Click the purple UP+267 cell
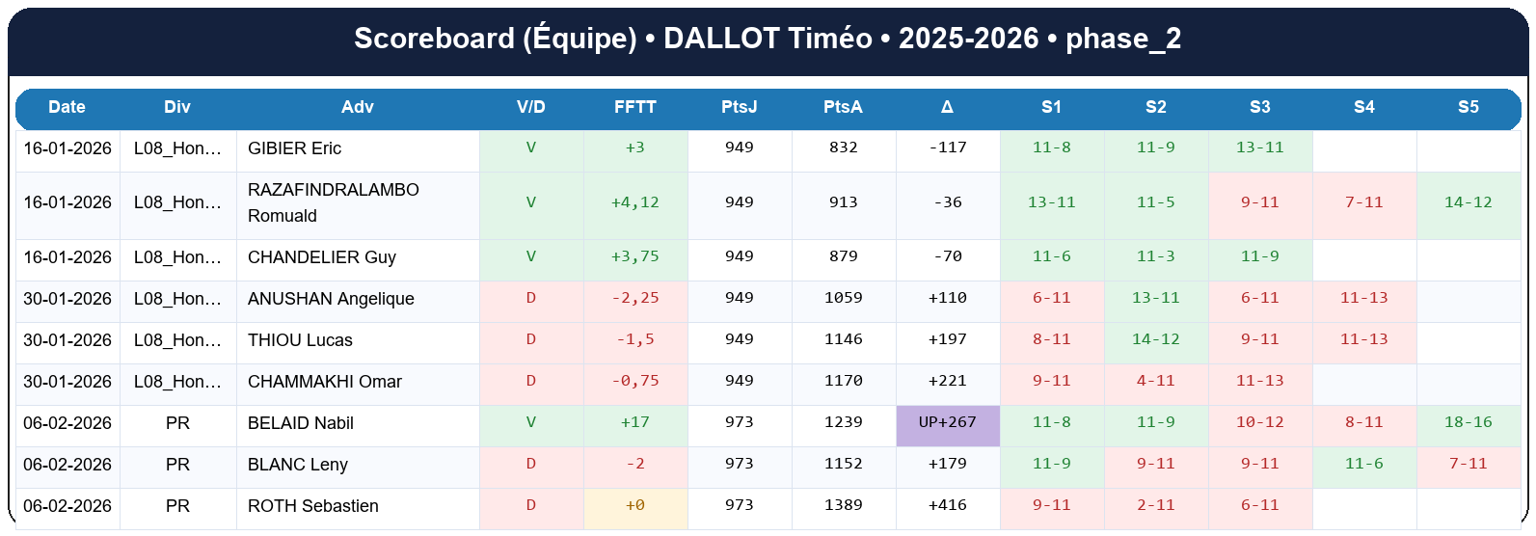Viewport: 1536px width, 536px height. coord(947,423)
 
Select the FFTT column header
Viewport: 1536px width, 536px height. coord(634,107)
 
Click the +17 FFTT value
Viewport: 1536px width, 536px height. coord(634,423)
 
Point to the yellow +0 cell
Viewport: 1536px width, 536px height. coord(634,506)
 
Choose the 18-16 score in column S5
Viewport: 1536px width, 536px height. coord(1468,423)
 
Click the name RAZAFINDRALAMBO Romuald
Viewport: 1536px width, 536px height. coord(333,202)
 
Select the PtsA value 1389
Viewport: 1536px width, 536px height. coord(843,506)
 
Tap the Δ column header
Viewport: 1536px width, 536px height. coord(947,107)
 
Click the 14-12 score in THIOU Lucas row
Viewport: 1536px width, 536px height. coord(1155,340)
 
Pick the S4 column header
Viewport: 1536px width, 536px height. coord(1363,107)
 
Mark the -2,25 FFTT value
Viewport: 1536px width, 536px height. coord(634,299)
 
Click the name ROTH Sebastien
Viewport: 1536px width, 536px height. coord(312,506)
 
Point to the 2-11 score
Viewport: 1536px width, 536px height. coord(1155,506)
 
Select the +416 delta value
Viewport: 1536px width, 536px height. coord(947,506)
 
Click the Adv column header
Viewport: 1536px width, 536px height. coord(357,107)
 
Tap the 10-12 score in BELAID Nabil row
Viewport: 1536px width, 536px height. coord(1259,423)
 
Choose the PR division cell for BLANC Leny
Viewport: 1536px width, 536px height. coord(177,465)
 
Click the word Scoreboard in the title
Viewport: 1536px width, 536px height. coord(434,39)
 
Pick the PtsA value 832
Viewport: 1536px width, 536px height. coord(843,148)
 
